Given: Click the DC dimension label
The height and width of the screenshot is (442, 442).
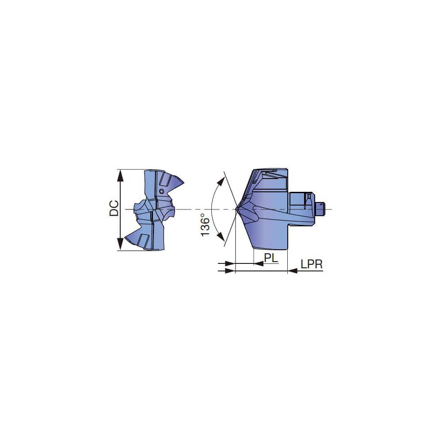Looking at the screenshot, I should [x=114, y=209].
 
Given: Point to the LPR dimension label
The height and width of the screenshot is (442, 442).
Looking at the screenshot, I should [x=312, y=264].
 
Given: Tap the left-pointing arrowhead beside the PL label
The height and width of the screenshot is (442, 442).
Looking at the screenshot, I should [x=259, y=264].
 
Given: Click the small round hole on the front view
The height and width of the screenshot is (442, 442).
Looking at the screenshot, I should [x=162, y=191].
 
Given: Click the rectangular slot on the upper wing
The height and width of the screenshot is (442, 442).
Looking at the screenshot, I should [x=165, y=179].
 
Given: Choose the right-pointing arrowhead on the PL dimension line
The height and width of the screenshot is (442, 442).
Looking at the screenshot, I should [x=230, y=264].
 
